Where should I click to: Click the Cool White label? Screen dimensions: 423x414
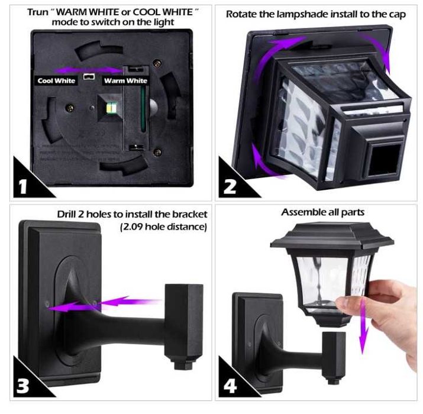56,80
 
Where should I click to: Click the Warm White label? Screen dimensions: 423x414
125,80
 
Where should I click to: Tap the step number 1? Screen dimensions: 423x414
23,186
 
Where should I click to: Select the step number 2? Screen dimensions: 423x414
230,187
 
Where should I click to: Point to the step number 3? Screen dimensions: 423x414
22,386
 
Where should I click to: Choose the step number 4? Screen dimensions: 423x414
230,386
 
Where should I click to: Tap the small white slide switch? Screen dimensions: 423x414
89,77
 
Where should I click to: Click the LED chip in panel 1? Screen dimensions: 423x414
111,108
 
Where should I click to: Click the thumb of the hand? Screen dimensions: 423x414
348,303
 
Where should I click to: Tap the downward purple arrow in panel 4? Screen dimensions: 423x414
363,326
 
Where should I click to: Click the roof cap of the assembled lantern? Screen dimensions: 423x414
332,237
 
